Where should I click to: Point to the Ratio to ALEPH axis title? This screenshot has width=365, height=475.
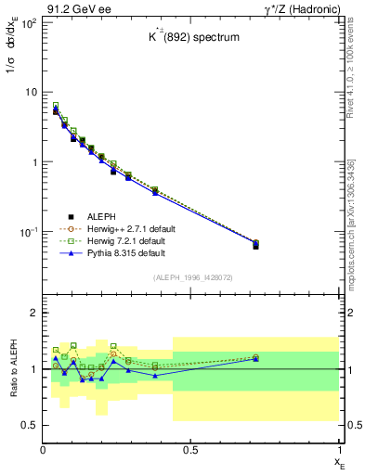click(x=13, y=368)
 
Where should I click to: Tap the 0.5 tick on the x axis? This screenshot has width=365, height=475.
click(x=191, y=449)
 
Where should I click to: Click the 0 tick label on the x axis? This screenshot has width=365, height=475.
click(x=44, y=449)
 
